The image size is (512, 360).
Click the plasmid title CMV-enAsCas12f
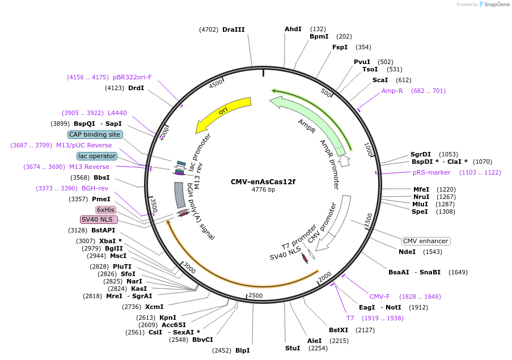[263, 182]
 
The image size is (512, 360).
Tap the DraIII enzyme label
[233, 29]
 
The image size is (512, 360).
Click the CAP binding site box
[95, 134]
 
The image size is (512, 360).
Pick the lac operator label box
[97, 156]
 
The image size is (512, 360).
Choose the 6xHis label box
[105, 210]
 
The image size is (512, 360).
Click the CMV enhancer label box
[426, 241]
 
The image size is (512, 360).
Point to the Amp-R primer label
[392, 91]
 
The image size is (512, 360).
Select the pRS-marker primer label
[431, 172]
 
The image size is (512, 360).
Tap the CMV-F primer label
[380, 297]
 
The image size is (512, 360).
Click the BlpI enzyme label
[242, 350]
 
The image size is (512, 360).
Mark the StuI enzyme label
[293, 348]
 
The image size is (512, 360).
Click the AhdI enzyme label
[293, 29]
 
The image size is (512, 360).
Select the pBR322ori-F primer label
[132, 77]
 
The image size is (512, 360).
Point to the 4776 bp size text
[263, 189]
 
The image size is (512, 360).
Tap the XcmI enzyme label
[154, 307]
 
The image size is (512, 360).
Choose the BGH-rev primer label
[95, 188]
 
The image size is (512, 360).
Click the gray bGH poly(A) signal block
[180, 193]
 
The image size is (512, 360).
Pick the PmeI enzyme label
[101, 199]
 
